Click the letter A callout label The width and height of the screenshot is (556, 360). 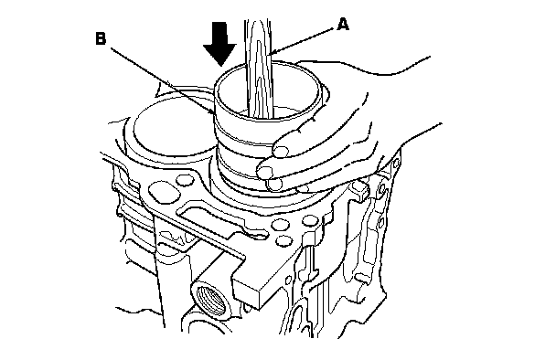pos(343,25)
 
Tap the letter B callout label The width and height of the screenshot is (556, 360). pos(101,38)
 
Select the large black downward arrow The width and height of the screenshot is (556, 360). pos(219,44)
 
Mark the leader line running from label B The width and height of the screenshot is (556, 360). pos(162,80)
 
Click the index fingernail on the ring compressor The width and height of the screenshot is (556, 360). pos(281,150)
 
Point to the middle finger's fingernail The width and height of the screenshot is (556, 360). pos(265,172)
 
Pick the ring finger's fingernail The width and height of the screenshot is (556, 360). pos(275,185)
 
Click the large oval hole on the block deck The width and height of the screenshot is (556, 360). pos(163,192)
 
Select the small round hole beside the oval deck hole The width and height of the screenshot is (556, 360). pos(185,179)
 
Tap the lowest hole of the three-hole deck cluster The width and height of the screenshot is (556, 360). pos(283,240)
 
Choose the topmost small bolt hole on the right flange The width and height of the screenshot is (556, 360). pos(396,163)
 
